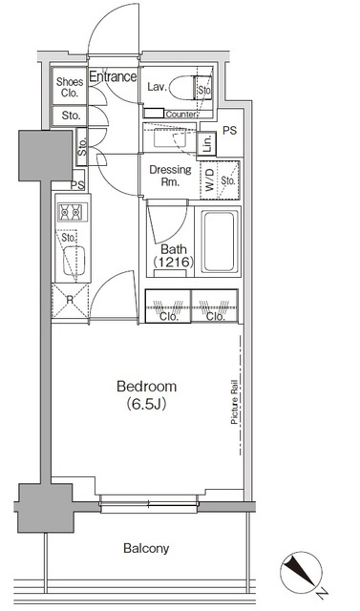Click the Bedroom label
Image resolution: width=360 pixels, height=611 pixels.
click(x=146, y=387)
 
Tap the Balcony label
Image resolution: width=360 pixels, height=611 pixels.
click(x=146, y=549)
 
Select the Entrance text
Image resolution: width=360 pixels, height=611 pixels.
click(x=113, y=76)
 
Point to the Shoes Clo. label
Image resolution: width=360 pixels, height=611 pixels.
click(x=70, y=87)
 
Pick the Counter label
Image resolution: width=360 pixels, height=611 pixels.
click(x=180, y=115)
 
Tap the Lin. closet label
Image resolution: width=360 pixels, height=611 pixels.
click(x=207, y=144)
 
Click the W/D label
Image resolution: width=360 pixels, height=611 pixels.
click(x=210, y=179)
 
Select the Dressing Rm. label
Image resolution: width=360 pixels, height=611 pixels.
click(x=170, y=176)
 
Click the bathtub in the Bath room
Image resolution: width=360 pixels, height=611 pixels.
click(x=221, y=242)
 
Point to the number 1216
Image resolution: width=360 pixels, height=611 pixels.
click(x=174, y=263)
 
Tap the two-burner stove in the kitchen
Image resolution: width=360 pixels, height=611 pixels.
click(x=73, y=212)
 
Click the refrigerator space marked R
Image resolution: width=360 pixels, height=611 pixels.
click(x=70, y=301)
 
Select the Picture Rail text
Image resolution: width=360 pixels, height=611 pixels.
click(x=235, y=405)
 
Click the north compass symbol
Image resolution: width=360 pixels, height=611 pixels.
click(x=301, y=571)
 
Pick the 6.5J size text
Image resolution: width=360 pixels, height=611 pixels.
click(x=146, y=405)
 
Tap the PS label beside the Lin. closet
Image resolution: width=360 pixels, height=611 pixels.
click(x=229, y=131)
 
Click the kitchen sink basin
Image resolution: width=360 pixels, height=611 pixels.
click(x=74, y=261)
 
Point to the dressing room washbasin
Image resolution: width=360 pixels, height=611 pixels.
click(x=170, y=137)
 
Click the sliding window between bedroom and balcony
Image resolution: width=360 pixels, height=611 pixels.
click(x=149, y=504)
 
